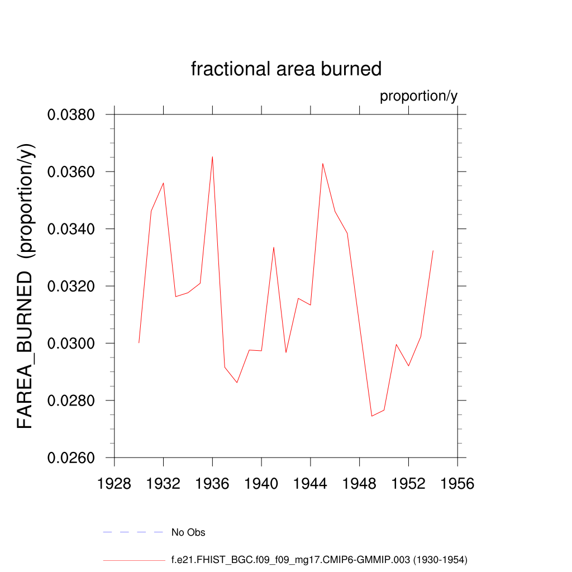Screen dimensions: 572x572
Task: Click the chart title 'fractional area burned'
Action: click(286, 69)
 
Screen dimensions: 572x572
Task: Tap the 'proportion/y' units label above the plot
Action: click(418, 96)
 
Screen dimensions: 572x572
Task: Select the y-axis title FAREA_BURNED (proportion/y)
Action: click(26, 285)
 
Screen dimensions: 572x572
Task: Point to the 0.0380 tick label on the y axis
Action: click(70, 115)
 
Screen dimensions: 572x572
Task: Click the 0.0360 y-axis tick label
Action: click(70, 172)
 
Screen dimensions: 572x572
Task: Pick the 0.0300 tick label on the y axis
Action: click(70, 344)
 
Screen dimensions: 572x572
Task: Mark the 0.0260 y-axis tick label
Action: click(70, 458)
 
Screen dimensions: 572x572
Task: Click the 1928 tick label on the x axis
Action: click(114, 484)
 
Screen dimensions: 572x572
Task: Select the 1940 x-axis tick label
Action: click(261, 484)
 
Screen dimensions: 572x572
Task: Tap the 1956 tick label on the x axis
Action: click(457, 484)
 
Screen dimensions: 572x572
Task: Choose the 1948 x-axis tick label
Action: click(360, 484)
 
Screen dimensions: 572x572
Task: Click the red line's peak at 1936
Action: click(212, 156)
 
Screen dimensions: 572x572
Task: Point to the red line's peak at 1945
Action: click(322, 163)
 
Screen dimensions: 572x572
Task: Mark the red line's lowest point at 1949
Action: click(371, 416)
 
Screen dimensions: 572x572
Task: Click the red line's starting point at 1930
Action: click(139, 343)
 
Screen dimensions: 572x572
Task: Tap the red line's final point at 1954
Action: click(433, 251)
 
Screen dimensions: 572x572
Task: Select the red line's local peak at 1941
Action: click(274, 247)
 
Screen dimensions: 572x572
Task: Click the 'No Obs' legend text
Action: click(188, 532)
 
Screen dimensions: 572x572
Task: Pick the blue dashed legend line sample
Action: click(133, 532)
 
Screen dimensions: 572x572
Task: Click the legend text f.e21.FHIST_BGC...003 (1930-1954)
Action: click(319, 559)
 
